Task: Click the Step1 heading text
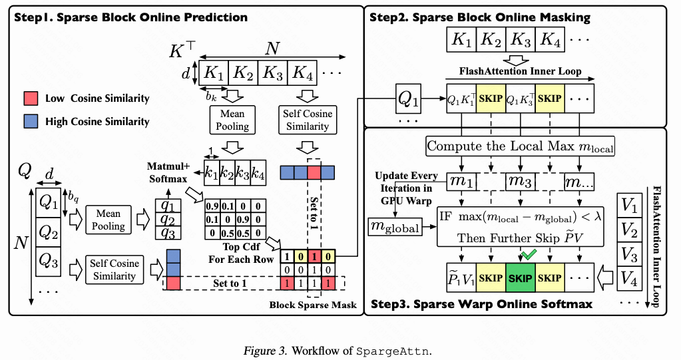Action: (130, 17)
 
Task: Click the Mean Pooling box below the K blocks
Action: (233, 120)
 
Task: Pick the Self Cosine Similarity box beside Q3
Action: (114, 270)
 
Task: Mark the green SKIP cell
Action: (521, 277)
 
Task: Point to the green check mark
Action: (529, 254)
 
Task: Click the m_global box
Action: (395, 228)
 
